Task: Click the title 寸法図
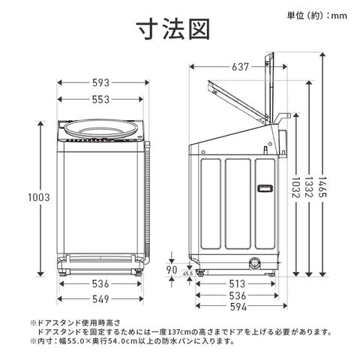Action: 172,29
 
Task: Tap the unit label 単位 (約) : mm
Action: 317,16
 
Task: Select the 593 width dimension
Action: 101,82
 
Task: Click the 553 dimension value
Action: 100,100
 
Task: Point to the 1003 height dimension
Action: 39,197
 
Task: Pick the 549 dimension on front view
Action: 100,299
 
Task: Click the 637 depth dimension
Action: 240,67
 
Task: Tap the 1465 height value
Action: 322,187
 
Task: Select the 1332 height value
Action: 309,187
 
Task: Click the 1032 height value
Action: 296,187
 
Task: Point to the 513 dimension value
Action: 237,283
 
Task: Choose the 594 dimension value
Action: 238,307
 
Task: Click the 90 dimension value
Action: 172,270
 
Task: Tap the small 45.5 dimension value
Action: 187,274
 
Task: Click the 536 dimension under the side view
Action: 238,295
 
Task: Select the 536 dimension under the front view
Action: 100,283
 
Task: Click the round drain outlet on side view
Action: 254,263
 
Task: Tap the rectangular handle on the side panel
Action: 265,188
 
